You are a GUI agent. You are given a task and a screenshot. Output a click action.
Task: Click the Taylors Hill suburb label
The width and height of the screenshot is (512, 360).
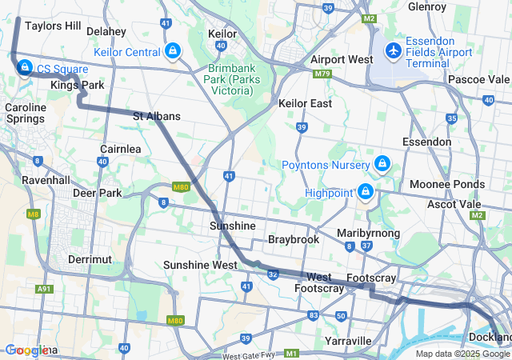pyautogui.click(x=53, y=26)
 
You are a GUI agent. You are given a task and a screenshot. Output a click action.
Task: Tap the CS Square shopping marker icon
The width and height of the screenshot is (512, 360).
pyautogui.click(x=25, y=67)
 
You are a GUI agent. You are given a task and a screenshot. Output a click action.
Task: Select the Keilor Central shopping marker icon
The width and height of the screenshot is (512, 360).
pyautogui.click(x=172, y=52)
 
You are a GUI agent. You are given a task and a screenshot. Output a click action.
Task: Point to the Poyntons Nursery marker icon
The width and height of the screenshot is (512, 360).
pyautogui.click(x=382, y=164)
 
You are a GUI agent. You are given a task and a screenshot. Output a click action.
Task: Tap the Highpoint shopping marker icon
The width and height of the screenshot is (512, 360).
pyautogui.click(x=366, y=192)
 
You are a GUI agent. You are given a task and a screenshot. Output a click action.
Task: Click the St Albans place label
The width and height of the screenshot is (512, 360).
pyautogui.click(x=156, y=116)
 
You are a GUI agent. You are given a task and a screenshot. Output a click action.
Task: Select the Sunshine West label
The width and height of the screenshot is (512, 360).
pyautogui.click(x=199, y=265)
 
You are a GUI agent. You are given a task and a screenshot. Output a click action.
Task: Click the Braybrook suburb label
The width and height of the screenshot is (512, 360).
pyautogui.click(x=294, y=239)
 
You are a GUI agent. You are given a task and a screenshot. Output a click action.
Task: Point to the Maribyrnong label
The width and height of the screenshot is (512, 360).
pyautogui.click(x=369, y=233)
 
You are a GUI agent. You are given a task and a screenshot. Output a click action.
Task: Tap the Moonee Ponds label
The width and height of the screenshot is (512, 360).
pyautogui.click(x=446, y=185)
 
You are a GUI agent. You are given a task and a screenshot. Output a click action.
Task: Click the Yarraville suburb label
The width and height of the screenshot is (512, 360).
pyautogui.click(x=349, y=341)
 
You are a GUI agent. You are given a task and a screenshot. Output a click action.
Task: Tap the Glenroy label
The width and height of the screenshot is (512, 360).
pyautogui.click(x=427, y=6)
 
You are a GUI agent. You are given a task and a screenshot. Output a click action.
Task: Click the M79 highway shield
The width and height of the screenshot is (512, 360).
pyautogui.click(x=322, y=74)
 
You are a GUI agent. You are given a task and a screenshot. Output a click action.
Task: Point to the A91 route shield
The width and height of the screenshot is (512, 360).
pyautogui.click(x=44, y=289)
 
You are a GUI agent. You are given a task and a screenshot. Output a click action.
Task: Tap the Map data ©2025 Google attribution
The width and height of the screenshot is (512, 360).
pyautogui.click(x=462, y=354)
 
